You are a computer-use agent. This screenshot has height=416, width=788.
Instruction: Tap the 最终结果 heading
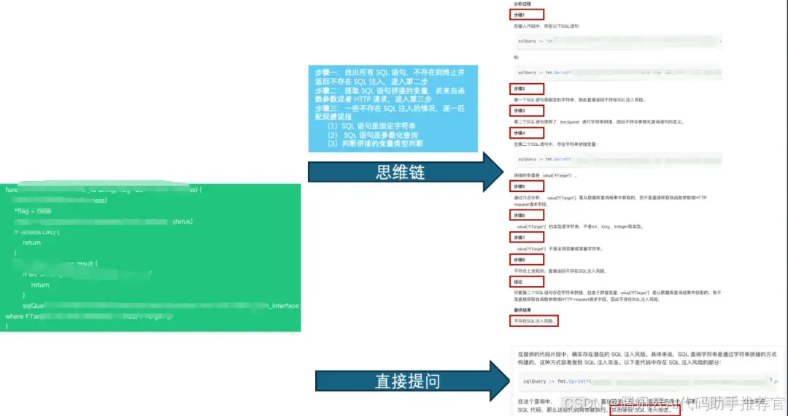click(x=522, y=309)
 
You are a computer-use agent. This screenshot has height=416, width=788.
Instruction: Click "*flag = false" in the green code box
click(x=32, y=211)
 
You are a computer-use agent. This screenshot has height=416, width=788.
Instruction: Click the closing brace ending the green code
click(x=7, y=326)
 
